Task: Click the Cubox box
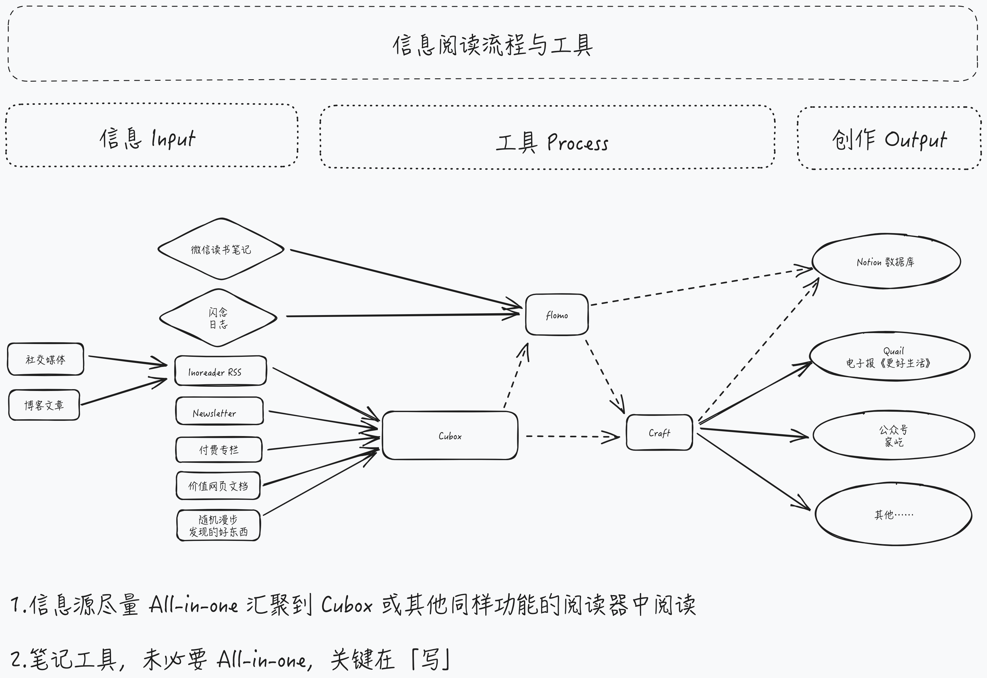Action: coord(450,435)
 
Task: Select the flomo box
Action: coord(557,315)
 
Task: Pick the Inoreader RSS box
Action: coord(220,371)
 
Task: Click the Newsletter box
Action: coord(219,411)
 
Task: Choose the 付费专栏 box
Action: coord(219,449)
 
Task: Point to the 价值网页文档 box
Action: coord(218,485)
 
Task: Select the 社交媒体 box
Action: coord(45,359)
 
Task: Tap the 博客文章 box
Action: coord(44,405)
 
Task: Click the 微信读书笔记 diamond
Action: coord(221,249)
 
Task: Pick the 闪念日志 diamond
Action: coord(218,318)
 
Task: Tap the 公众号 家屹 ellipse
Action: coord(893,435)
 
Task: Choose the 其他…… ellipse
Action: coord(893,514)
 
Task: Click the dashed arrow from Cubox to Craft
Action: coord(570,436)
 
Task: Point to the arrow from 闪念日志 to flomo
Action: coord(400,315)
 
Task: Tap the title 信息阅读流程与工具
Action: coord(493,45)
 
